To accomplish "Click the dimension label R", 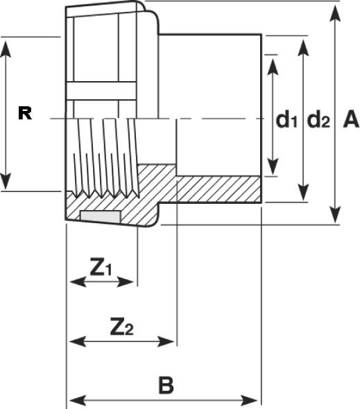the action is [25, 114].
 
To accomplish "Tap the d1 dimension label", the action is [286, 119].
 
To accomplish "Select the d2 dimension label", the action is [318, 119].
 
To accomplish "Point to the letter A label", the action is [351, 119].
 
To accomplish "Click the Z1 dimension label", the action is [101, 267].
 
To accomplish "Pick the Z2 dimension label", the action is [121, 326].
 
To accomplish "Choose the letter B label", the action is [166, 385].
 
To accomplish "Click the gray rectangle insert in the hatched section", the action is [101, 217].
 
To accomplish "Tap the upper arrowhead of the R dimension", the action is [6, 49].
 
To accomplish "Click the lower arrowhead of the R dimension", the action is [6, 180].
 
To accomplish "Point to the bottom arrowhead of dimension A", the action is [335, 213].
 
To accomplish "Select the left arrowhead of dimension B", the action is [77, 401].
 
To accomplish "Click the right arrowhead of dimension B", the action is [249, 401].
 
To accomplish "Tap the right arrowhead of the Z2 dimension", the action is [165, 341].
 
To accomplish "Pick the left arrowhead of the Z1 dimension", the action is [78, 282].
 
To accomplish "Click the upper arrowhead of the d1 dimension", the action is [273, 67].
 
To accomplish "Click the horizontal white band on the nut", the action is [102, 91].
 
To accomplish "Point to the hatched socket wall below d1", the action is [218, 190].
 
